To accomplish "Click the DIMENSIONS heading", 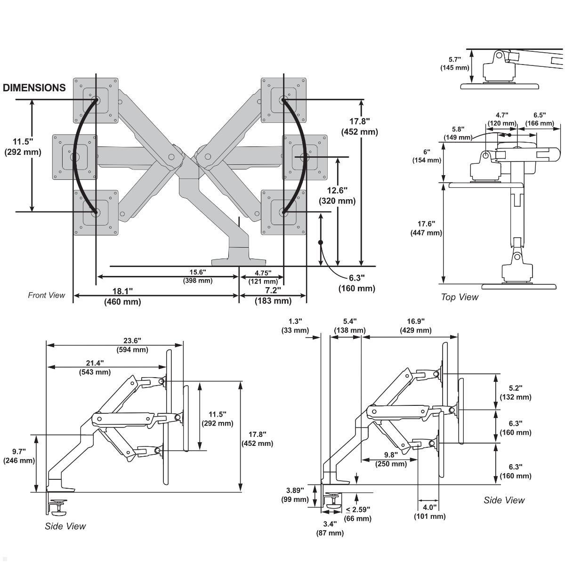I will pos(34,88).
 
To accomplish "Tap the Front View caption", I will pos(46,295).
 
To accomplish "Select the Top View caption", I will pos(459,297).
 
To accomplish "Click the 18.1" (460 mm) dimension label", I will pos(122,297).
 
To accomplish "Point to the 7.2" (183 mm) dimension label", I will pos(273,296).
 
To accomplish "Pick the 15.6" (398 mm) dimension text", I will pos(198,276).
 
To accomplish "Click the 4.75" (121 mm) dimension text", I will pos(263,277).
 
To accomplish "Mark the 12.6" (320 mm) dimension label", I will pos(337,195).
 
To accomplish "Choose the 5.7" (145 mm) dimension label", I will pos(455,64).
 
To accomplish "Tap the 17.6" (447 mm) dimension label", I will pos(427,228).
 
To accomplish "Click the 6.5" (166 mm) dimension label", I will pos(540,119).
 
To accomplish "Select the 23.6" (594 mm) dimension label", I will pos(132,345).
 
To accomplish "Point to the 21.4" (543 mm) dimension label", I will pos(95,367).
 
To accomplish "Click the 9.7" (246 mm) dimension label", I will pos(19,456).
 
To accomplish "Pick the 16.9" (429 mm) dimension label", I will pos(416,326).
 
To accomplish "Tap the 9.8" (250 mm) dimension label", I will pos(391,460).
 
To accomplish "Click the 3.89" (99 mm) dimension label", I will pos(295,495).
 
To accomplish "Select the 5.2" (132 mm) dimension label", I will pos(516,393).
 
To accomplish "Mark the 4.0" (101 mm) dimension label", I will pos(429,512).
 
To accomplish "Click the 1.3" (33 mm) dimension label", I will pos(295,326).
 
